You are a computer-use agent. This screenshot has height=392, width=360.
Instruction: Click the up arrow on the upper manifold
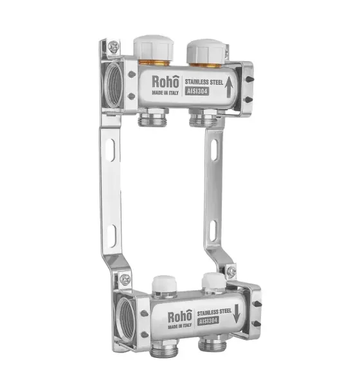click(229, 87)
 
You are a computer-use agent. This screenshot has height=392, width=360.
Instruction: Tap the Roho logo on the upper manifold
click(166, 81)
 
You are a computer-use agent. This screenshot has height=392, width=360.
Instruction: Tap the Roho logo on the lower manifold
click(180, 317)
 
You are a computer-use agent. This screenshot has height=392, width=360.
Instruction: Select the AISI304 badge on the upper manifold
click(197, 91)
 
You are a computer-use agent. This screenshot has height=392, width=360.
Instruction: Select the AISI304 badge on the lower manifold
click(208, 321)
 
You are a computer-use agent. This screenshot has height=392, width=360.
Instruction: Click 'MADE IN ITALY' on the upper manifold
click(165, 93)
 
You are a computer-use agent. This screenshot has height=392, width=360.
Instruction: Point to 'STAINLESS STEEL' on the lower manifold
click(214, 312)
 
